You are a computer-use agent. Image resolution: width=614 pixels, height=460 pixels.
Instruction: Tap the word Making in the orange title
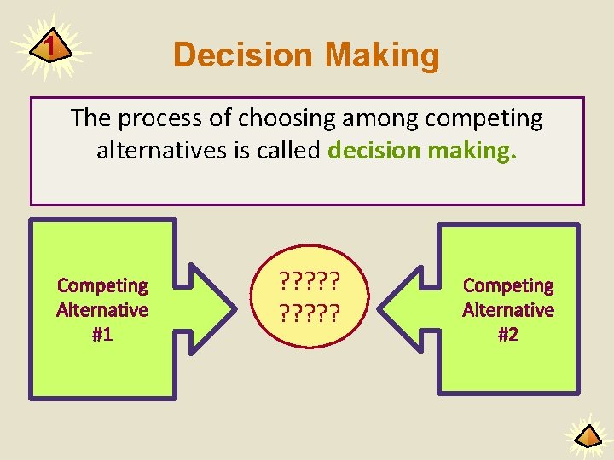[x=382, y=55]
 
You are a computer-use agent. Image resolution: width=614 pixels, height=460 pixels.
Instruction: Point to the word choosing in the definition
[x=259, y=118]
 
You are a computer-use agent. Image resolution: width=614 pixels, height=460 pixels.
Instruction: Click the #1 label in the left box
[x=102, y=335]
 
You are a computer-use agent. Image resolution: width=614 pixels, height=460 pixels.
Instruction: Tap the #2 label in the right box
[x=508, y=335]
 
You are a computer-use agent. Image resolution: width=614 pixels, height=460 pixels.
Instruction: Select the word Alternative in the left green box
[x=102, y=310]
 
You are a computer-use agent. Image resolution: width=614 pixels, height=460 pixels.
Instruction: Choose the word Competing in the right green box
[x=508, y=285]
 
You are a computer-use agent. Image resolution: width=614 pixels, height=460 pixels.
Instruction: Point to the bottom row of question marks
[x=307, y=314]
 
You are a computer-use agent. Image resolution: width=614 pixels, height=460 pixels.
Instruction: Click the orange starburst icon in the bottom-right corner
[x=588, y=435]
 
